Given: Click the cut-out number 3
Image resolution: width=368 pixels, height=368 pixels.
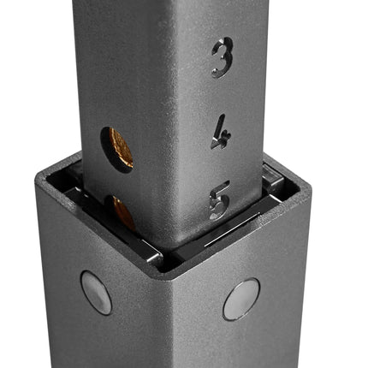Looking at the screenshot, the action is click(223, 57).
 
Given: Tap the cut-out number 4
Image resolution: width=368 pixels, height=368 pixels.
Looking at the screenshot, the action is click(222, 132).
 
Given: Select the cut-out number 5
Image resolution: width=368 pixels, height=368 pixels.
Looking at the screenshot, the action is click(219, 200).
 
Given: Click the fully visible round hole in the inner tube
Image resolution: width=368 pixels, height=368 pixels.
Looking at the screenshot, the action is click(116, 150).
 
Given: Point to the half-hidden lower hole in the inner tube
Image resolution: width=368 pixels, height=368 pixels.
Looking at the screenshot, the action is click(120, 212).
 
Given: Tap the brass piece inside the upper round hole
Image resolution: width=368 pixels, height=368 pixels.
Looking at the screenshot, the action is click(122, 148).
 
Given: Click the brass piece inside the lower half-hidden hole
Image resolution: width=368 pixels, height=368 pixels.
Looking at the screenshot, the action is click(124, 212).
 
